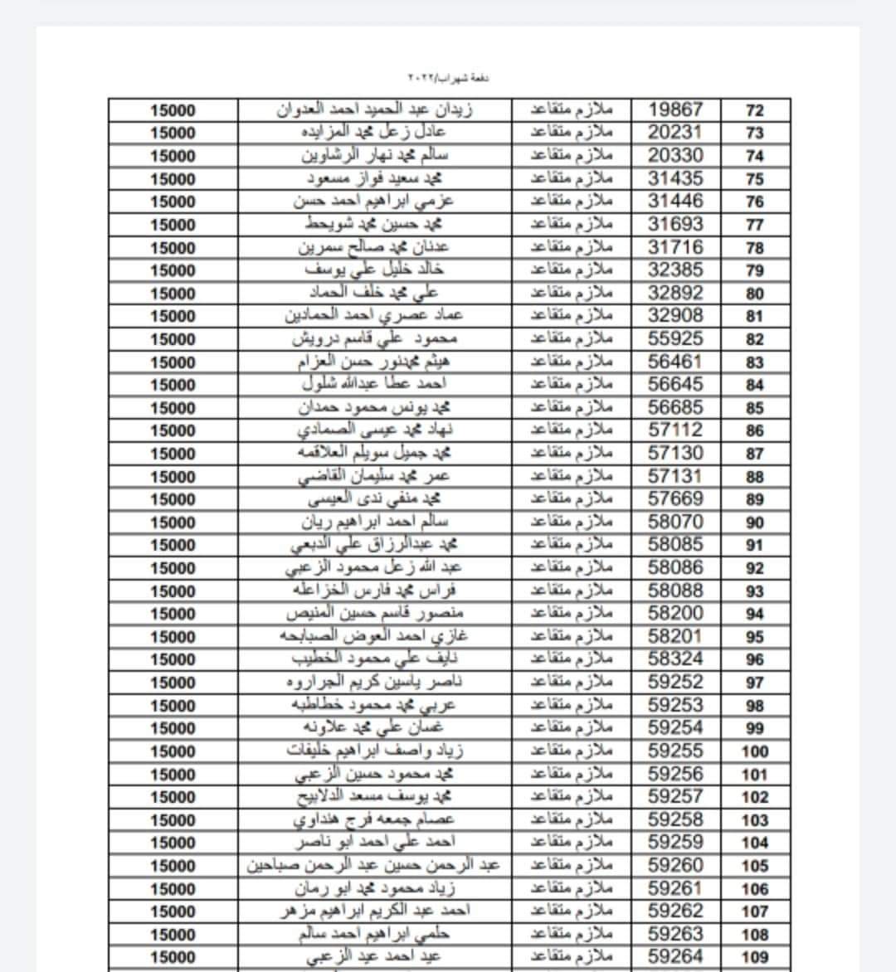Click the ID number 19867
[x=675, y=109]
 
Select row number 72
[x=755, y=110]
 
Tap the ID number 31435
[x=675, y=178]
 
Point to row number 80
[x=755, y=294]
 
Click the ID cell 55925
[x=675, y=338]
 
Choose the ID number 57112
[x=675, y=430]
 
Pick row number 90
[x=755, y=522]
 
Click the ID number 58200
[x=675, y=614]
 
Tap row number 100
[x=755, y=751]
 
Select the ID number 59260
[x=675, y=865]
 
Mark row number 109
[x=755, y=957]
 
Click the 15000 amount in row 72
[x=173, y=110]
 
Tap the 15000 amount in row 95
[x=173, y=637]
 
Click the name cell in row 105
[x=374, y=865]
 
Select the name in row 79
[x=374, y=270]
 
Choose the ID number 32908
[x=675, y=315]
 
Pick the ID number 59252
[x=675, y=683]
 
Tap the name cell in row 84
[x=374, y=384]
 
